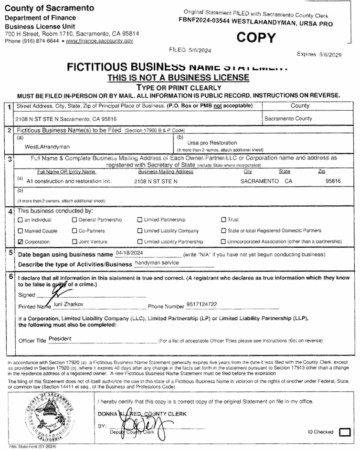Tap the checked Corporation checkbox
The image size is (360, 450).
coord(20,242)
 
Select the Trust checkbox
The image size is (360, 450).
coord(223,220)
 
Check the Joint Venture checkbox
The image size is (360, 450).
coord(74,242)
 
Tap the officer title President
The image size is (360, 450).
coord(60,338)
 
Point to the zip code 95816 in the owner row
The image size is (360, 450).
coord(332,181)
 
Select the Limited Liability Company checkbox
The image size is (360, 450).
coord(140,231)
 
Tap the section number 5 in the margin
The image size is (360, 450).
coord(10,253)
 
